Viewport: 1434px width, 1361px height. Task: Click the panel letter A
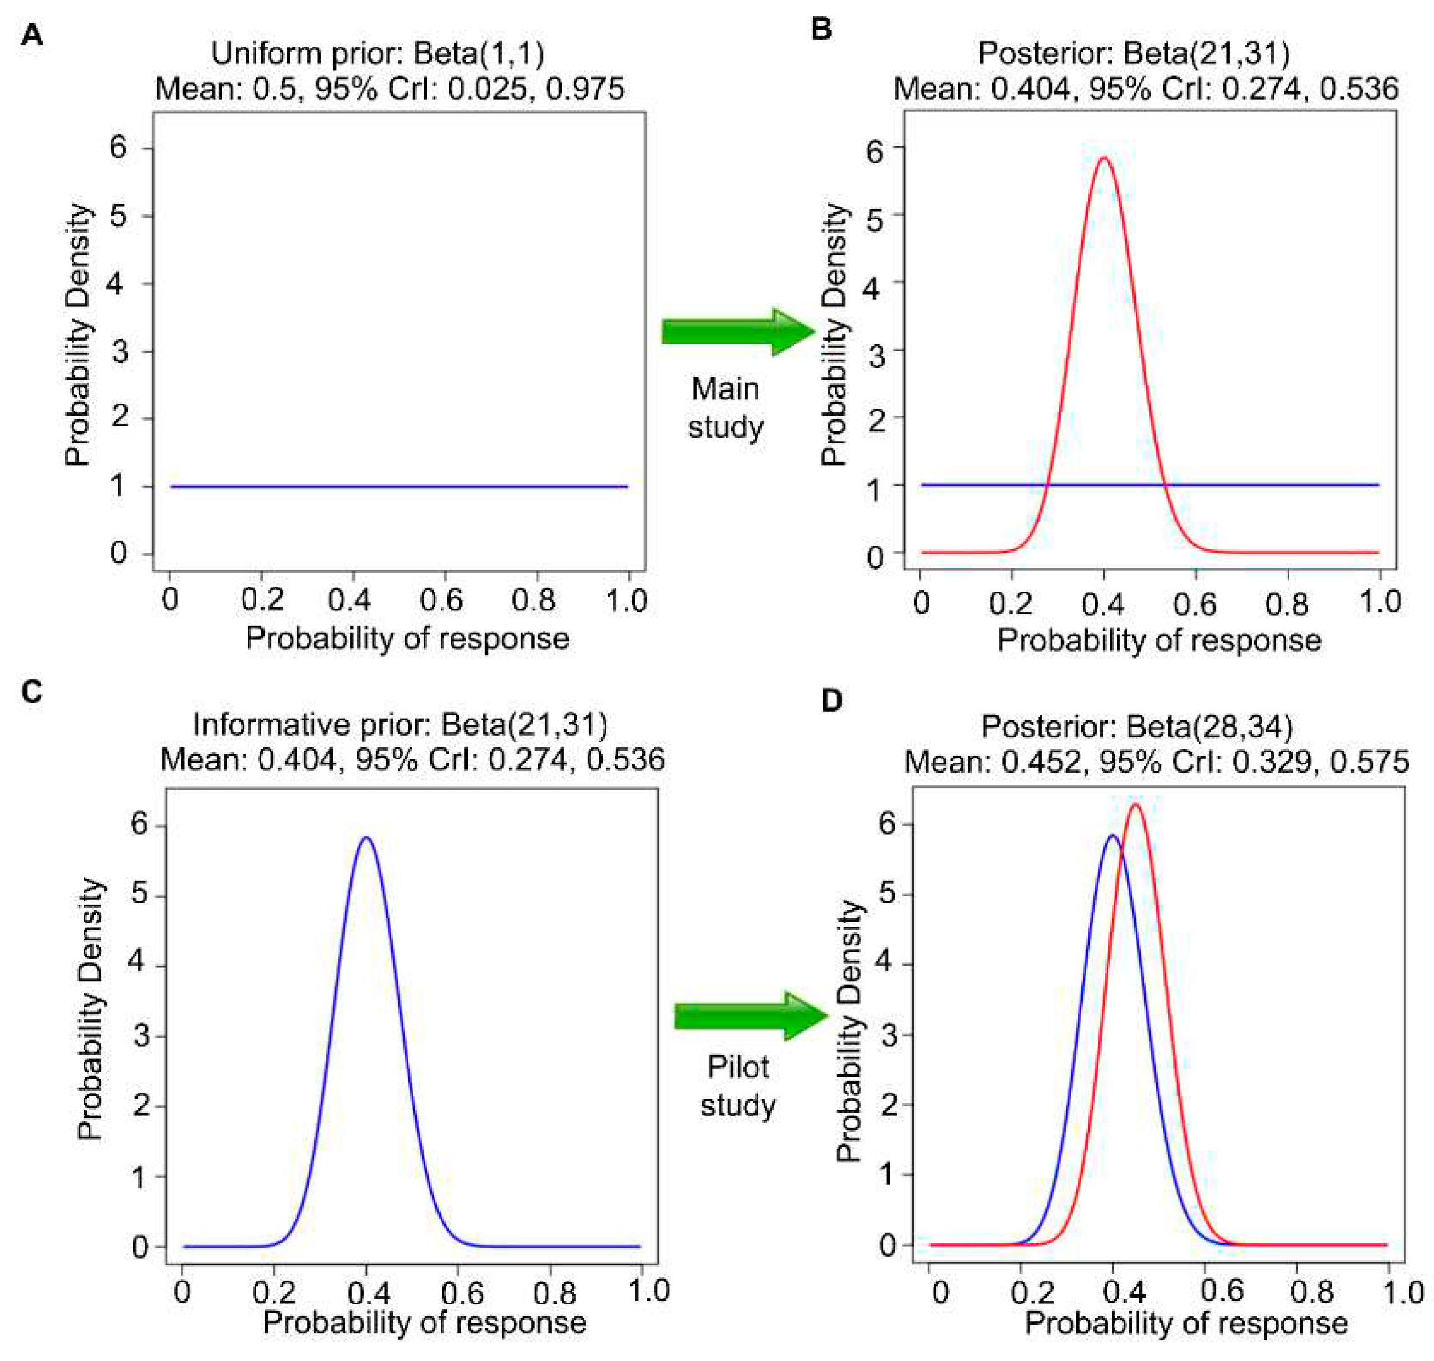coord(31,34)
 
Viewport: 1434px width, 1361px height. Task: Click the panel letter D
coord(831,701)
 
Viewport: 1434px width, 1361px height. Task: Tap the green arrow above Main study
coord(738,331)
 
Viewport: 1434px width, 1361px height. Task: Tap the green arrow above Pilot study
coord(751,1017)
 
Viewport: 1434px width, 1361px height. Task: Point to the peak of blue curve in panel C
coord(366,837)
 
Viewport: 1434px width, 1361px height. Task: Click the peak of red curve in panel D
coord(1135,805)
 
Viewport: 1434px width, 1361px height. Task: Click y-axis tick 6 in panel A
coord(118,147)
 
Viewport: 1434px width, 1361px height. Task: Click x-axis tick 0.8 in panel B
coord(1287,603)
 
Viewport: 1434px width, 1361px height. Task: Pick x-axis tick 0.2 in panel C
coord(273,1292)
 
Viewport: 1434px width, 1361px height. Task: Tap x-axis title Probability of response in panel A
coord(407,639)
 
